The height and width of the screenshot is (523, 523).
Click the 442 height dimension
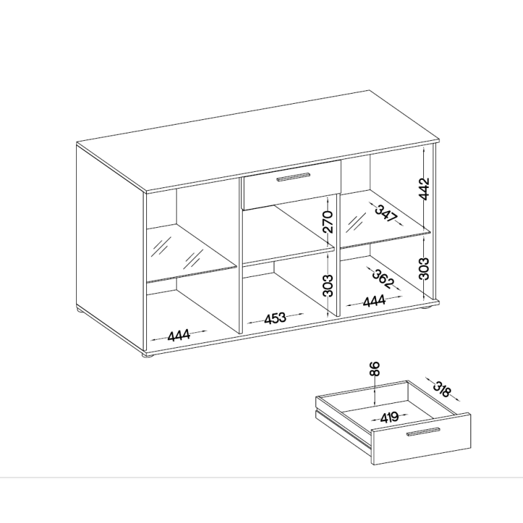pyautogui.click(x=425, y=189)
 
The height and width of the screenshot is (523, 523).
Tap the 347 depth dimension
pyautogui.click(x=386, y=214)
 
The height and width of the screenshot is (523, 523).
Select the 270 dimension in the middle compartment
pyautogui.click(x=328, y=222)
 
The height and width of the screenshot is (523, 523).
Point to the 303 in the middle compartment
pyautogui.click(x=328, y=286)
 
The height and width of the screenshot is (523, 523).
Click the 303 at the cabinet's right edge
pyautogui.click(x=424, y=268)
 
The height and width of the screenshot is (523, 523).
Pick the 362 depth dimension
pyautogui.click(x=383, y=279)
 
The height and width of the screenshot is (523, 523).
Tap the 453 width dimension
pyautogui.click(x=275, y=318)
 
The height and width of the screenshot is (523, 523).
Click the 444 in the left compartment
pyautogui.click(x=179, y=335)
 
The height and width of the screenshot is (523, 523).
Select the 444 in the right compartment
pyautogui.click(x=374, y=301)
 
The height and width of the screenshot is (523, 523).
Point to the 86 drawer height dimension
pyautogui.click(x=375, y=369)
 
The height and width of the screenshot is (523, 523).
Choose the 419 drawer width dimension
pyautogui.click(x=390, y=417)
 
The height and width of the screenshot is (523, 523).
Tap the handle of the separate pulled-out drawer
pyautogui.click(x=423, y=431)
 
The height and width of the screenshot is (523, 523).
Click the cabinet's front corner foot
pyautogui.click(x=147, y=357)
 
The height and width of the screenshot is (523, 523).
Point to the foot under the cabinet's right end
pyautogui.click(x=427, y=307)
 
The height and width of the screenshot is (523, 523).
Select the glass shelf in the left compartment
pyautogui.click(x=192, y=253)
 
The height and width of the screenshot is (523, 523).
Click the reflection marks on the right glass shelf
pyautogui.click(x=356, y=224)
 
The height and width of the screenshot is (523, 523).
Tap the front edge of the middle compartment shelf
pyautogui.click(x=288, y=257)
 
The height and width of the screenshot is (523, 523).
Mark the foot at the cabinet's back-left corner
pyautogui.click(x=81, y=311)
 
